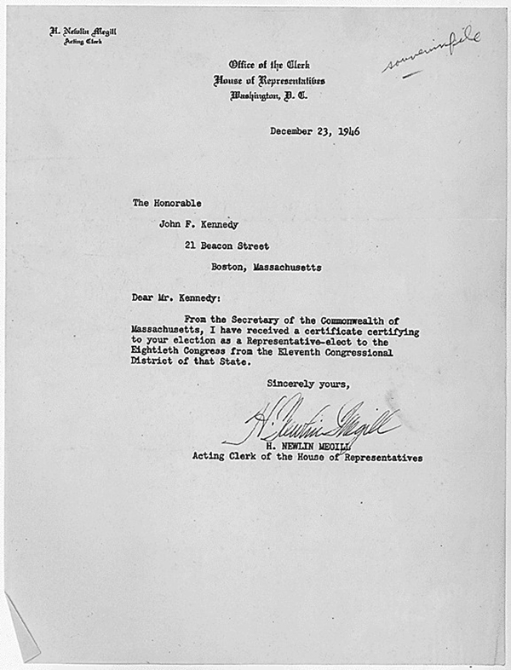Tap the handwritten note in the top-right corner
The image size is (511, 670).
click(433, 49)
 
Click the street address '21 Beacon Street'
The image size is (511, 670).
click(227, 245)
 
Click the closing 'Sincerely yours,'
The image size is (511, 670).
click(307, 384)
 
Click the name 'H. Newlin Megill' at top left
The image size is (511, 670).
click(83, 32)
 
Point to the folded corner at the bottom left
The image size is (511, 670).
click(21, 627)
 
